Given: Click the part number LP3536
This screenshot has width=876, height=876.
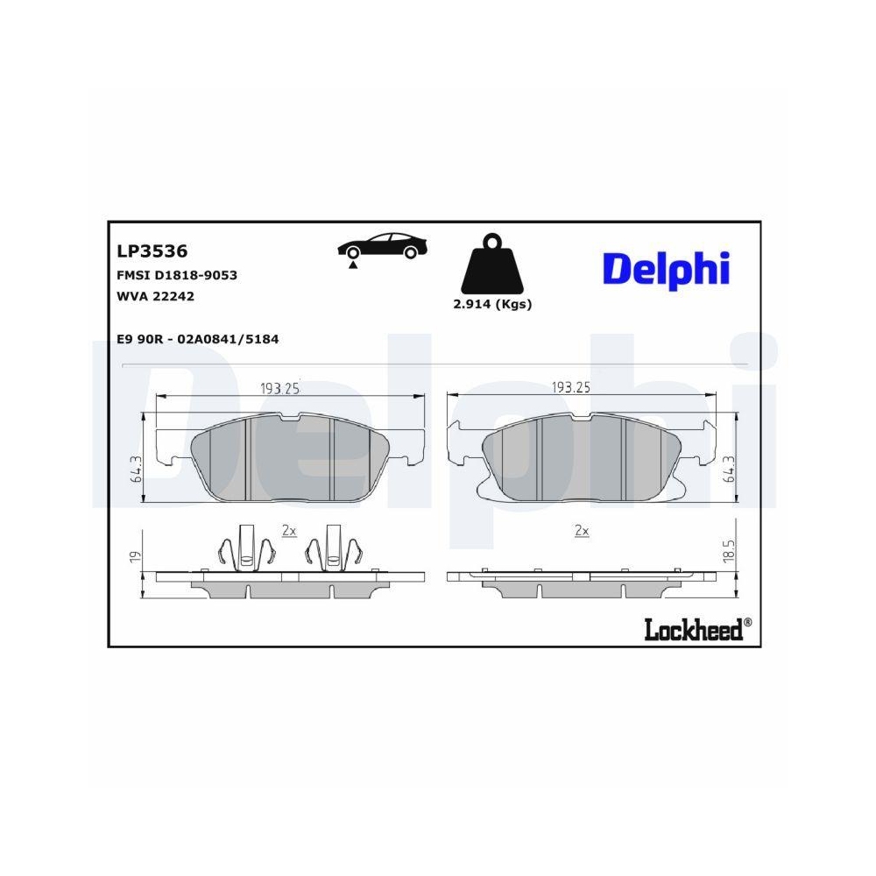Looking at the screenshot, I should pyautogui.click(x=152, y=251).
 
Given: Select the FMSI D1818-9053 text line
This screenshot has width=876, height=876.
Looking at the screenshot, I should pyautogui.click(x=177, y=275).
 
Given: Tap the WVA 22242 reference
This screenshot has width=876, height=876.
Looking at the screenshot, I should pyautogui.click(x=155, y=296).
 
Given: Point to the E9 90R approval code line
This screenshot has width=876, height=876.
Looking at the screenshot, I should pyautogui.click(x=197, y=339).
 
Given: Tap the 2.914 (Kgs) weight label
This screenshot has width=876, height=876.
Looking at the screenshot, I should pyautogui.click(x=492, y=305).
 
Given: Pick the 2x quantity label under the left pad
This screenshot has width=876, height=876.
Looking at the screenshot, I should pyautogui.click(x=289, y=531).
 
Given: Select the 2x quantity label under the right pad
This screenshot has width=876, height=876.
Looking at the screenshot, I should pyautogui.click(x=581, y=531).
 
